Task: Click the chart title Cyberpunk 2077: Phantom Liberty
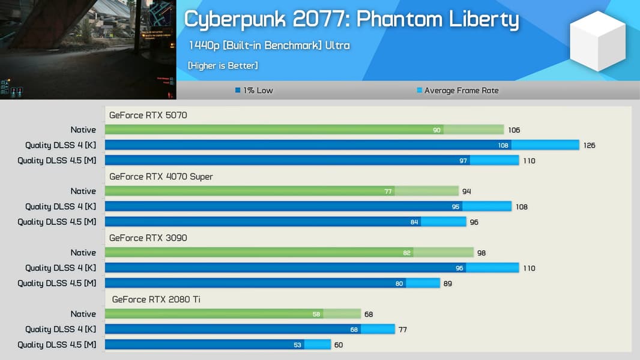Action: (351, 20)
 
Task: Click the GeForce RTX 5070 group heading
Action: (148, 115)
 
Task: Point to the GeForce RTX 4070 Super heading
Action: (161, 176)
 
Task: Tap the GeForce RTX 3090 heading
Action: (148, 238)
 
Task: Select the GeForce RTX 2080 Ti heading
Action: (156, 299)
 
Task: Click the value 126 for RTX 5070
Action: (589, 145)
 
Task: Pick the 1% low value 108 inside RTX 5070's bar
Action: (503, 145)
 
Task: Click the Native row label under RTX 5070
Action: (83, 130)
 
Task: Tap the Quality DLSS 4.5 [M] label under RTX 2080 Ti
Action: (56, 344)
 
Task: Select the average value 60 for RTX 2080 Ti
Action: (339, 345)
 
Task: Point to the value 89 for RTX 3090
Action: (448, 284)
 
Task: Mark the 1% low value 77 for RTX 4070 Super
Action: (388, 191)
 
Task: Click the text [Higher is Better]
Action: (223, 65)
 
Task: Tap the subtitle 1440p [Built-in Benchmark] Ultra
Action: (268, 46)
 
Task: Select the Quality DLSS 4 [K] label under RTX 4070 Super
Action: (60, 206)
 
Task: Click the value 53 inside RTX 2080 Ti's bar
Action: (297, 345)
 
